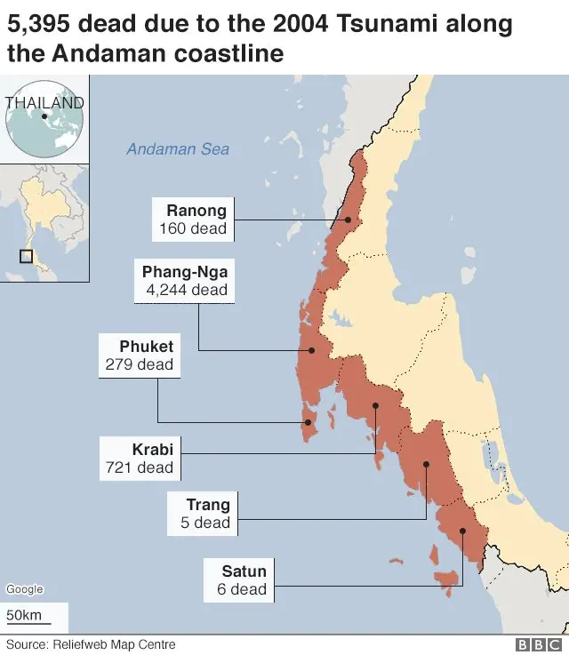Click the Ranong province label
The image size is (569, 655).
click(196, 211)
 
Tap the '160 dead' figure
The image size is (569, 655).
click(193, 229)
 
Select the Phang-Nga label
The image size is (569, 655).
click(185, 271)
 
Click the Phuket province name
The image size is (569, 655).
click(146, 346)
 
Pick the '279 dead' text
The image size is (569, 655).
click(139, 364)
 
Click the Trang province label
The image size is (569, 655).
click(208, 505)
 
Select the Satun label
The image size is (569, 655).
click(244, 571)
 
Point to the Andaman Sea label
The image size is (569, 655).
click(178, 148)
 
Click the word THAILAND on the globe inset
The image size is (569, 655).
click(44, 102)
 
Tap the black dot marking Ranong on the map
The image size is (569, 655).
click(349, 220)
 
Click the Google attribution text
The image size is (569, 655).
click(24, 589)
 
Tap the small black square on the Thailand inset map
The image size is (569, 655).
click(27, 256)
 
